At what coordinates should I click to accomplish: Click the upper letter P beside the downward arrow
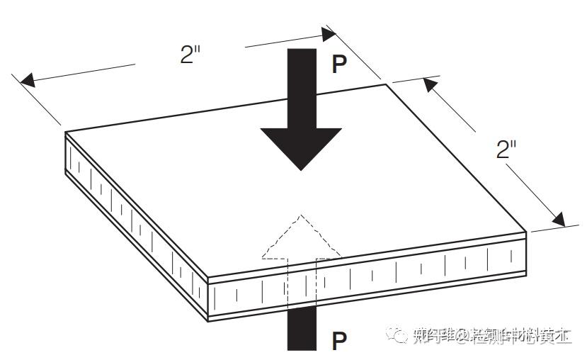click(340, 64)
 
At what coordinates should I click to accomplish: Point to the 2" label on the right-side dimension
click(507, 150)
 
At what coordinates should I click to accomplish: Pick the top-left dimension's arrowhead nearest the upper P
click(326, 33)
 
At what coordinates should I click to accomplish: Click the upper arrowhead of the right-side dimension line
click(428, 84)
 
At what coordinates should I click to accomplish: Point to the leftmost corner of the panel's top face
click(66, 132)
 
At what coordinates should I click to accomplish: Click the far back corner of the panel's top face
click(386, 84)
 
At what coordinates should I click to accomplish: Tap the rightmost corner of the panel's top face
click(526, 231)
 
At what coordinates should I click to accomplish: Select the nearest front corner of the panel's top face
click(207, 277)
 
